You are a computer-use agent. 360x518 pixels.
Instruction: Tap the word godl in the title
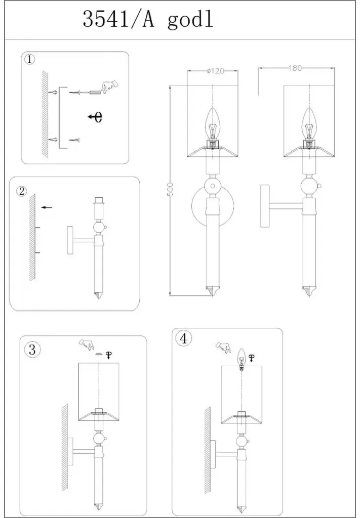coord(190,21)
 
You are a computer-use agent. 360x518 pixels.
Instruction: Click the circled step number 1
coord(30,60)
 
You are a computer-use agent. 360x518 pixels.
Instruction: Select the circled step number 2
coord(21,191)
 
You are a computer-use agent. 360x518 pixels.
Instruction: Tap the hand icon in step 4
coord(223,347)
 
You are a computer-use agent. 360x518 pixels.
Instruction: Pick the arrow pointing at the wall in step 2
coord(47,207)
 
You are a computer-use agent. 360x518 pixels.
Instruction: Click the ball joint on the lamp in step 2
coord(99,227)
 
